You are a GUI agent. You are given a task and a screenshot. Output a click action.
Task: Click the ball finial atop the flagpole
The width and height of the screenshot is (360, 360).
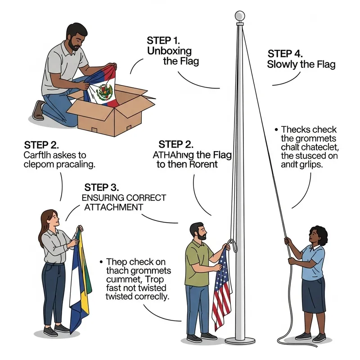click(240, 16)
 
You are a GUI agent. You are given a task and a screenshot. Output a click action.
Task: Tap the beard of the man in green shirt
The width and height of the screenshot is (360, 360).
click(202, 236)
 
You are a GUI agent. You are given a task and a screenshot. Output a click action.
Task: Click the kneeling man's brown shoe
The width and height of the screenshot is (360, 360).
click(39, 111)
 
